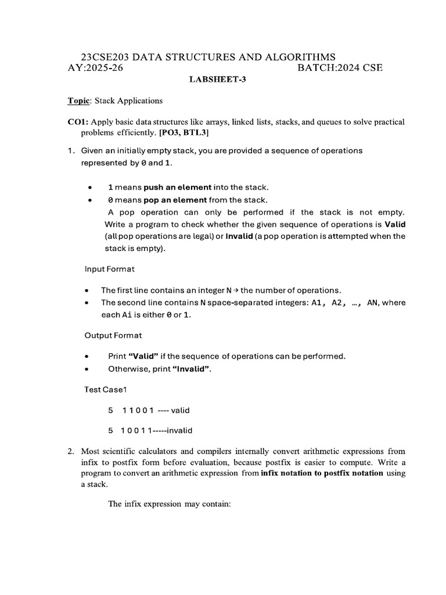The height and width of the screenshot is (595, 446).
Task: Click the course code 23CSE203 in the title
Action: coord(105,57)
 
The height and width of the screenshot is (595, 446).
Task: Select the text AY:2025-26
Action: coord(96,68)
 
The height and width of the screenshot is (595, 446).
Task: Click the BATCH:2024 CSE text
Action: coord(340,68)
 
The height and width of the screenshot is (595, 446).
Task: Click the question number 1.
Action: coord(70,150)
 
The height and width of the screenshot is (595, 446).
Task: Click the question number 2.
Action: coord(70,451)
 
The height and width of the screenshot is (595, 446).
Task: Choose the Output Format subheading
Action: coord(113,335)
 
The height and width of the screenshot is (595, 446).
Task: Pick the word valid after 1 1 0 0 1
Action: coord(180,410)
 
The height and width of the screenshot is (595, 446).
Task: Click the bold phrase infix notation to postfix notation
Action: coord(322,472)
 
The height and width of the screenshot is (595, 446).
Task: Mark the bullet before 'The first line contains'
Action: coord(87,290)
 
